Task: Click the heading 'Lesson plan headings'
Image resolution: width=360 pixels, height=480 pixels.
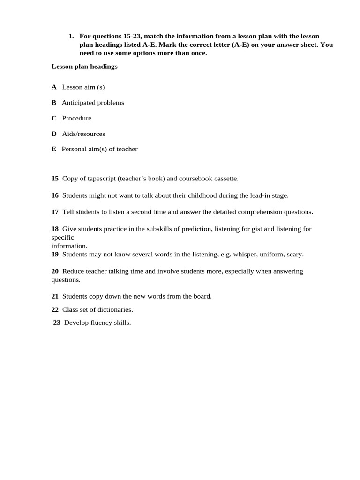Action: [84, 67]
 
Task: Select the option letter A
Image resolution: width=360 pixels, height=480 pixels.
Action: [54, 87]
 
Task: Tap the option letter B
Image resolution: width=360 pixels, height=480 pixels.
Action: [54, 103]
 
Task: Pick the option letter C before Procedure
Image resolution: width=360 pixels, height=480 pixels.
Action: [54, 118]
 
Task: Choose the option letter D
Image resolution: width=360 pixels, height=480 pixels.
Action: [54, 134]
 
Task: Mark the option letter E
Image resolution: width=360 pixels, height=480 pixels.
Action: [54, 149]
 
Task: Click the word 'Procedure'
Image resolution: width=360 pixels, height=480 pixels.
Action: [76, 118]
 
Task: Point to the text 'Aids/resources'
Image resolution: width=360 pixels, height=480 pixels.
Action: [83, 134]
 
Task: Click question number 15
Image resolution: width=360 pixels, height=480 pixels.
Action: [55, 179]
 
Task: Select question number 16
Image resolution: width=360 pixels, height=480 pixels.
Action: [55, 195]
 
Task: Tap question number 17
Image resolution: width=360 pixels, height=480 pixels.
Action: [55, 212]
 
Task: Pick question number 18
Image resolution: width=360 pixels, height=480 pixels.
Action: [55, 229]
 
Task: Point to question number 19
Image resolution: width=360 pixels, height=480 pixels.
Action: [55, 255]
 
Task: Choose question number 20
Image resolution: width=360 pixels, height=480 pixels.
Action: [55, 271]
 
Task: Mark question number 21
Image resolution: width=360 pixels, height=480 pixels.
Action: [55, 296]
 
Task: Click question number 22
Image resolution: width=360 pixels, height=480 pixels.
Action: [55, 309]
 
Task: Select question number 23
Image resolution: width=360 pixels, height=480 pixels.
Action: [57, 322]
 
